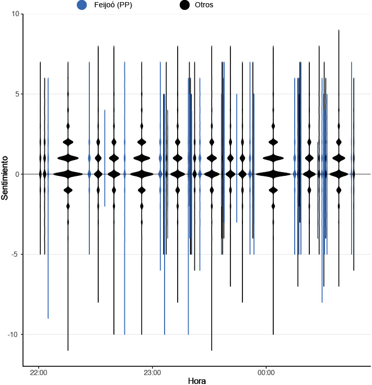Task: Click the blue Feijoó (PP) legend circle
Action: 82,5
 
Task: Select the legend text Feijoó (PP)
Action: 109,5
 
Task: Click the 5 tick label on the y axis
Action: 16,94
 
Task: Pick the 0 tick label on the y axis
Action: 16,174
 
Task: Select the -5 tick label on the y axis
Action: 15,255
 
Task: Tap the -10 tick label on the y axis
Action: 13,334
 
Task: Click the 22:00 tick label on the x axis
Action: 39,373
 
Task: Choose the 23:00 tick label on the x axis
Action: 152,373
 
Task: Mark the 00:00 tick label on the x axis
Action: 266,373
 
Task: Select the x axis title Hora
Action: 196,381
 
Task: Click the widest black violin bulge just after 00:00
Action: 273,174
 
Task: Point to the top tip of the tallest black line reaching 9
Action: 339,30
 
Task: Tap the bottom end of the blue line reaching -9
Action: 48,318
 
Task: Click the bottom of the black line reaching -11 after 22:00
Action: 68,350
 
